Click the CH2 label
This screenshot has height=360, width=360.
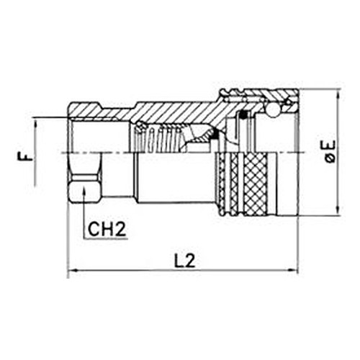107,229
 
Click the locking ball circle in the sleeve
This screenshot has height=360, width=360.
273,111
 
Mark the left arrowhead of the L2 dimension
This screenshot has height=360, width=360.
72,270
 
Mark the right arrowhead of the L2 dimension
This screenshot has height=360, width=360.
293,270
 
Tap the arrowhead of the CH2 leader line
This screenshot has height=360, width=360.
84,190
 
